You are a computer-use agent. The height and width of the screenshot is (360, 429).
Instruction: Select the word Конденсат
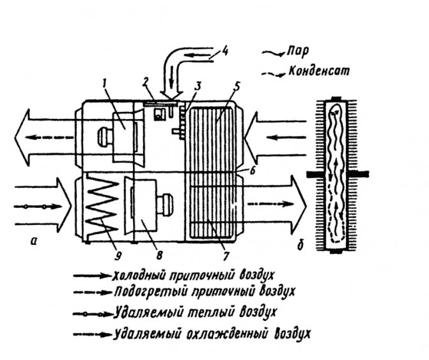pos(317,72)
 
